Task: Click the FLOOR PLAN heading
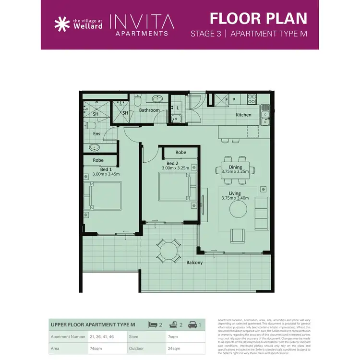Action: point(258,18)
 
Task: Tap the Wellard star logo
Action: point(61,24)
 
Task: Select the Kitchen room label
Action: point(243,115)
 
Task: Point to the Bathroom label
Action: point(149,110)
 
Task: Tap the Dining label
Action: point(235,167)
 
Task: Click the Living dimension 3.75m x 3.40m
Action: point(235,198)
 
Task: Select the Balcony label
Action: point(194,263)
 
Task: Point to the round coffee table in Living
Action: point(238,209)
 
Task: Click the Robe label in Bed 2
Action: point(180,152)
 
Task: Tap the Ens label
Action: point(96,133)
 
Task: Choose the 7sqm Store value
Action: point(173,336)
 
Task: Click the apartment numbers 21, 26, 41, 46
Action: point(102,336)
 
